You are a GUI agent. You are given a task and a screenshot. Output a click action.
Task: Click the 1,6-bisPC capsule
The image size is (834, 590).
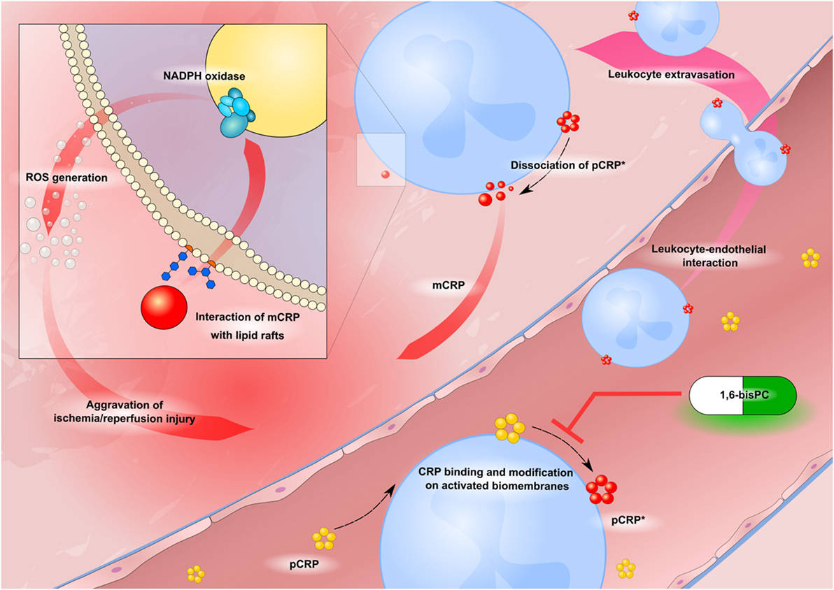click(743, 396)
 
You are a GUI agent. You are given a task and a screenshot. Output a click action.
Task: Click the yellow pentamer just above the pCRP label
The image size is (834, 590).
click(324, 538)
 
